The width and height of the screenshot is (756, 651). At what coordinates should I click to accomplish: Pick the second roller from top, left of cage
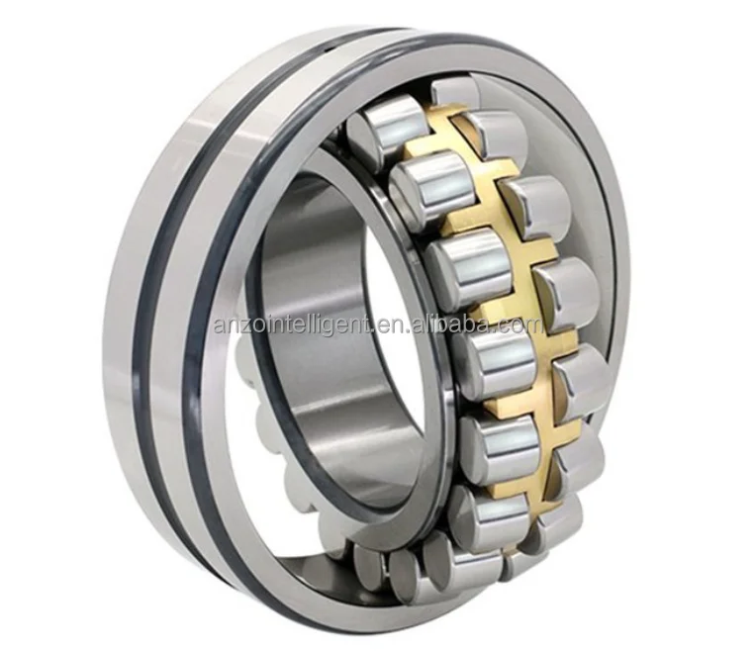[x=430, y=188]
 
